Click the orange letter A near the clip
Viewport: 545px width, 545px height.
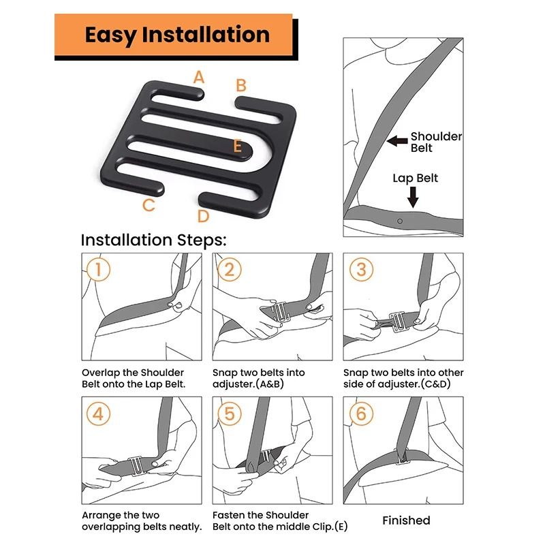coord(198,77)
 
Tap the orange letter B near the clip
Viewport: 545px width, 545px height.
coord(240,86)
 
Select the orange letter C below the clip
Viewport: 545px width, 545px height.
coord(148,205)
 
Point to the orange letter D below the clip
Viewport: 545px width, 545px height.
coord(203,217)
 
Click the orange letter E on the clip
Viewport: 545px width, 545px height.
coord(237,146)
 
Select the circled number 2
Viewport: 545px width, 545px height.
coord(229,269)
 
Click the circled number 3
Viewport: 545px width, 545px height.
coord(360,269)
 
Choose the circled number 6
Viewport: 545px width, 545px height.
coord(360,414)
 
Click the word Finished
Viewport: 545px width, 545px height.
coord(406,520)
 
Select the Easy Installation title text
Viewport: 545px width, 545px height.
coord(176,35)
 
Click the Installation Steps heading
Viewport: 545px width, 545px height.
coord(153,240)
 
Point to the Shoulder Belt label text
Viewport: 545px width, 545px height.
coord(435,142)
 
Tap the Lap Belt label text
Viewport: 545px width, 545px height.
coord(415,178)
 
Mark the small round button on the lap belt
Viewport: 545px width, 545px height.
coord(400,221)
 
